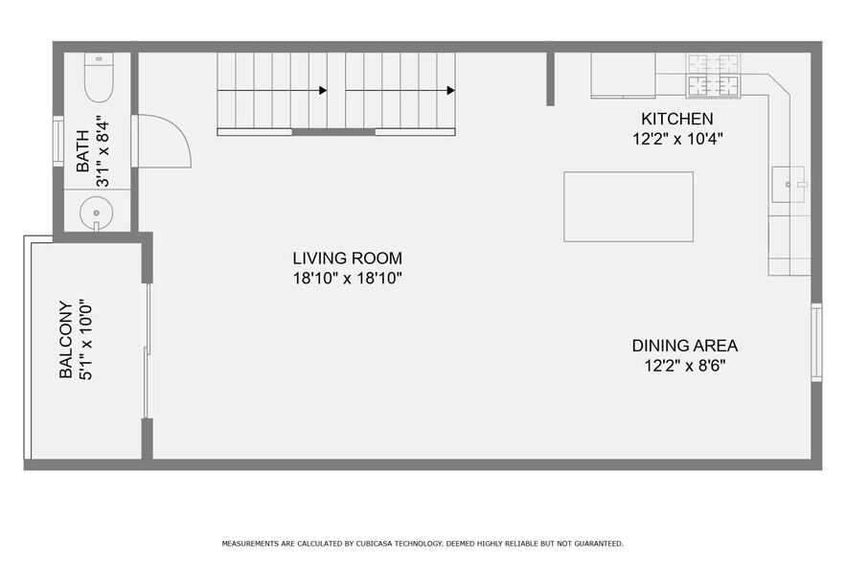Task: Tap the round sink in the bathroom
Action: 96,211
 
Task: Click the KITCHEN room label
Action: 676,120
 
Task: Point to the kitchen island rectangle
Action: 628,206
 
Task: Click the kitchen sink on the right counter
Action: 790,184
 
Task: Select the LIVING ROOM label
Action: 347,259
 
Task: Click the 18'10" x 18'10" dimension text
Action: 347,279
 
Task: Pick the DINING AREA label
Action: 684,346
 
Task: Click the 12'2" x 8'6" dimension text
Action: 684,366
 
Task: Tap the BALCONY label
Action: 66,340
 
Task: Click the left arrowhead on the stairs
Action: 322,91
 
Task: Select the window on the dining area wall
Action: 816,342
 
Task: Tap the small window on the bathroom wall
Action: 57,141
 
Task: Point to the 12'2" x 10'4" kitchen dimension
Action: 676,138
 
